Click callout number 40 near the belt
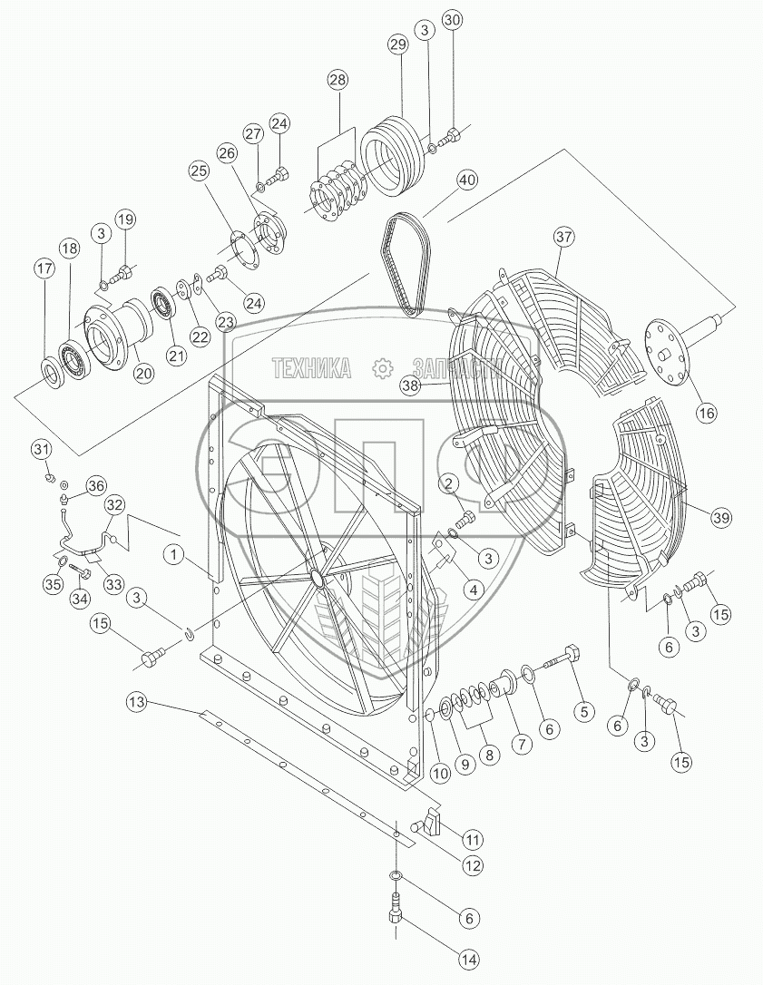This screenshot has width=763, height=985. click(x=466, y=180)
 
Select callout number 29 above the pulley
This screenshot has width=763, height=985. click(x=396, y=45)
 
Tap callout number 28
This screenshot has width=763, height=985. click(x=337, y=81)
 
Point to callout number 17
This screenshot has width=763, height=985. click(x=44, y=268)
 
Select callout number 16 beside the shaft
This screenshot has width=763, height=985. click(x=706, y=413)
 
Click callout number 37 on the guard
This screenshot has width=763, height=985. click(x=565, y=238)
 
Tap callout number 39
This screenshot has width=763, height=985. click(x=720, y=517)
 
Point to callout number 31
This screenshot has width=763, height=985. click(x=43, y=449)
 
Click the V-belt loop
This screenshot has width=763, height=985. click(x=402, y=263)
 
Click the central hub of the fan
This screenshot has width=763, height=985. click(x=316, y=577)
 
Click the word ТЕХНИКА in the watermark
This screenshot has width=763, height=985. click(x=311, y=367)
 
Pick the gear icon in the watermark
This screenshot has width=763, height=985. click(x=382, y=367)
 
